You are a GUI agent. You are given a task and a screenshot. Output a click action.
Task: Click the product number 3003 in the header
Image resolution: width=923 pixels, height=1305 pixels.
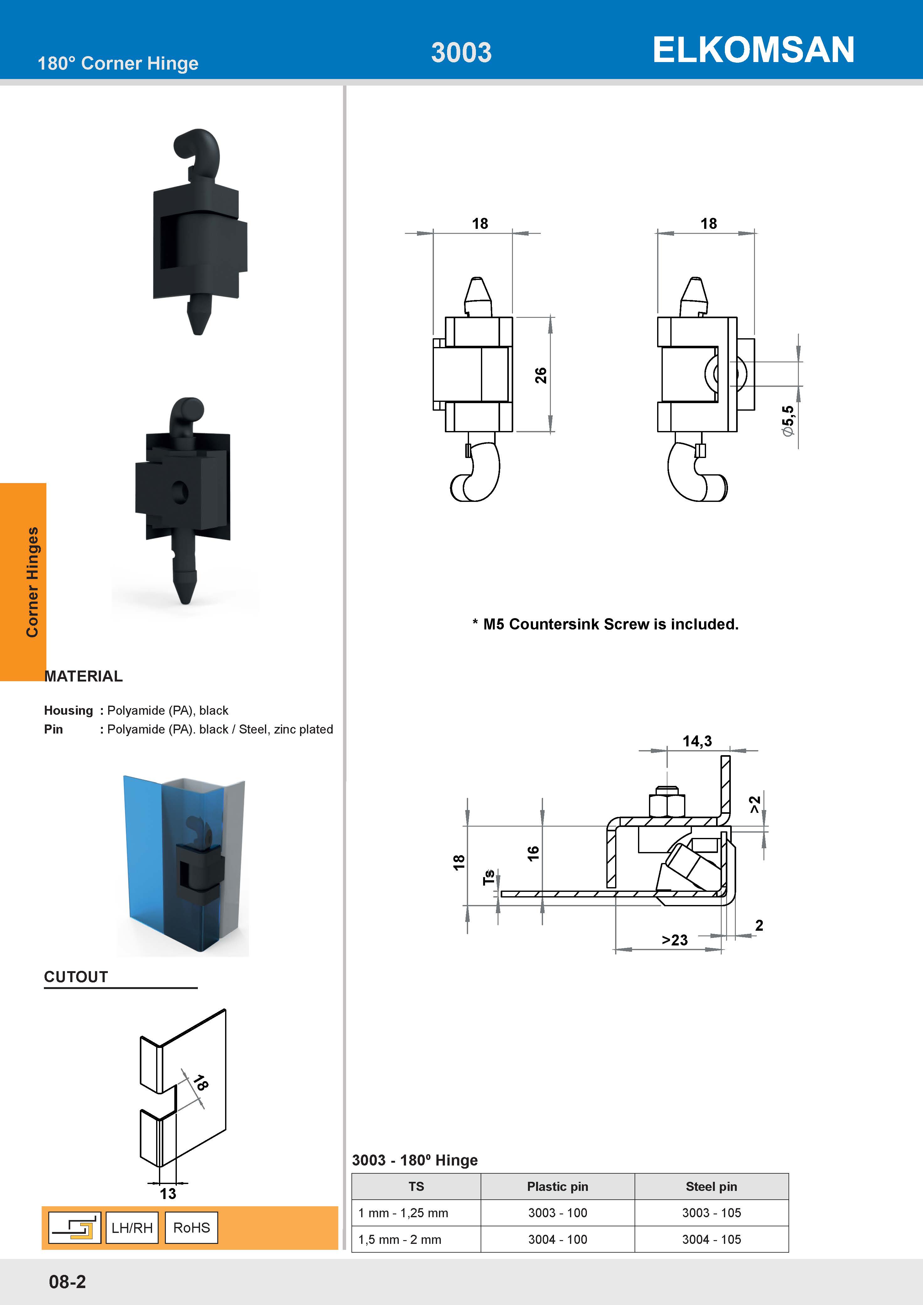coord(461,53)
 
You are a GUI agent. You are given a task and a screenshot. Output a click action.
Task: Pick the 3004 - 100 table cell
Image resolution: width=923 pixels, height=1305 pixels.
coord(557,1239)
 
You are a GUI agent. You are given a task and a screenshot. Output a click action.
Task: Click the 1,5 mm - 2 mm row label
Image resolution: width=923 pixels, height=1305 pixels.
coord(399,1239)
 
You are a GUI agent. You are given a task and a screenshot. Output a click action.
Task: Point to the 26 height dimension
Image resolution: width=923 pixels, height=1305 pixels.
coord(541,375)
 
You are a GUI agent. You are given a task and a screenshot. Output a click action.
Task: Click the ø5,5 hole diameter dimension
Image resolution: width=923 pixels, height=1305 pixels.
coord(788,421)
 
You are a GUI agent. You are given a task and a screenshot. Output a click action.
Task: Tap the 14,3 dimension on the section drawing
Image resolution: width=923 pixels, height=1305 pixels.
coord(697,741)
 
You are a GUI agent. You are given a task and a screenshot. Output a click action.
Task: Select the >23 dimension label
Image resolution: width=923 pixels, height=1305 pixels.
coord(675,940)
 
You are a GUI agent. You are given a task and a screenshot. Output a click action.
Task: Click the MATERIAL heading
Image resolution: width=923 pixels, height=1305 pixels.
coord(83,676)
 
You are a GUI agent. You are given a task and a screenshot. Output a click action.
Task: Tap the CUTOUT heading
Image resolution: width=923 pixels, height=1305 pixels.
coord(76,977)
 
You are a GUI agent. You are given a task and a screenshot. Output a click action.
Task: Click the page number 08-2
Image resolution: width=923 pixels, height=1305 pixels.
coord(67,1282)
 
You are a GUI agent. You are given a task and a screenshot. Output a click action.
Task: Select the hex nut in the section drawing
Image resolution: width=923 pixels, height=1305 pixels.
coord(667,804)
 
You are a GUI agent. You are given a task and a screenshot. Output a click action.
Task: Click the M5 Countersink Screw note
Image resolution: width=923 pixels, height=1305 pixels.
coord(605,624)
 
